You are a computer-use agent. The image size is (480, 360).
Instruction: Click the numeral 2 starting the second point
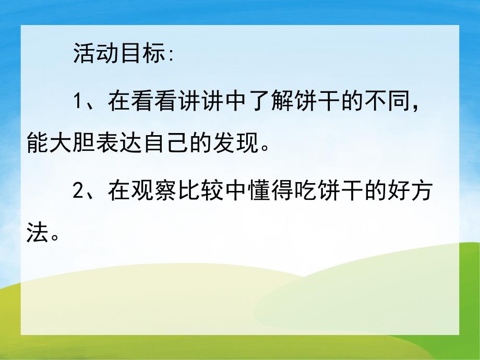[x=78, y=193]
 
